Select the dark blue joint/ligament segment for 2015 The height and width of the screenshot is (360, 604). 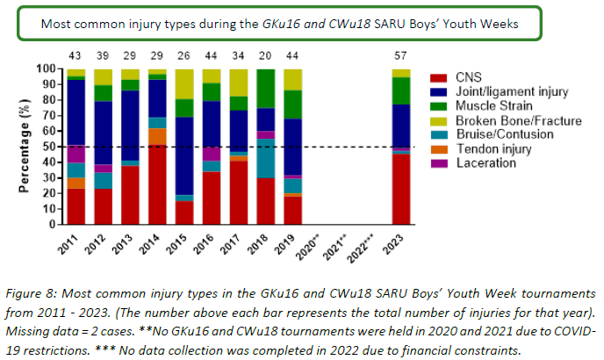click(x=184, y=156)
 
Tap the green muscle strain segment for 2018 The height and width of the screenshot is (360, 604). click(x=266, y=89)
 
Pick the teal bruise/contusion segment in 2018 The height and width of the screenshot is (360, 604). click(x=266, y=158)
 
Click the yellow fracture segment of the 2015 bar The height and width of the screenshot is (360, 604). click(x=184, y=84)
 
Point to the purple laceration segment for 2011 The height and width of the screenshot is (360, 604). click(x=75, y=154)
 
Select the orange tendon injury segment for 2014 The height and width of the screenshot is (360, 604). click(x=157, y=136)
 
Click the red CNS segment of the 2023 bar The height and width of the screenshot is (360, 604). click(x=401, y=190)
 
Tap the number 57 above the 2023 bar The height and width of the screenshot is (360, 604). click(x=400, y=56)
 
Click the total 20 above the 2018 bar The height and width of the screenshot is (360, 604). click(x=265, y=56)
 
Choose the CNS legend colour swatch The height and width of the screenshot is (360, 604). click(x=439, y=78)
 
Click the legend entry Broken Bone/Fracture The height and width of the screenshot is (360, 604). click(x=519, y=120)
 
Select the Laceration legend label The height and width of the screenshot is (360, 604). click(x=486, y=163)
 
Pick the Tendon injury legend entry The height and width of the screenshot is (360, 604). click(x=494, y=149)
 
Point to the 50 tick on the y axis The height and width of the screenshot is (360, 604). click(x=50, y=147)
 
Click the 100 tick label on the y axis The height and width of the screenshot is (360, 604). click(x=47, y=69)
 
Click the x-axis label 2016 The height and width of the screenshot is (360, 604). click(x=203, y=244)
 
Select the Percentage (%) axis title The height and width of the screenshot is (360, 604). click(x=24, y=146)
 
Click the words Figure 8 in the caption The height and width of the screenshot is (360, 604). click(x=31, y=293)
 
